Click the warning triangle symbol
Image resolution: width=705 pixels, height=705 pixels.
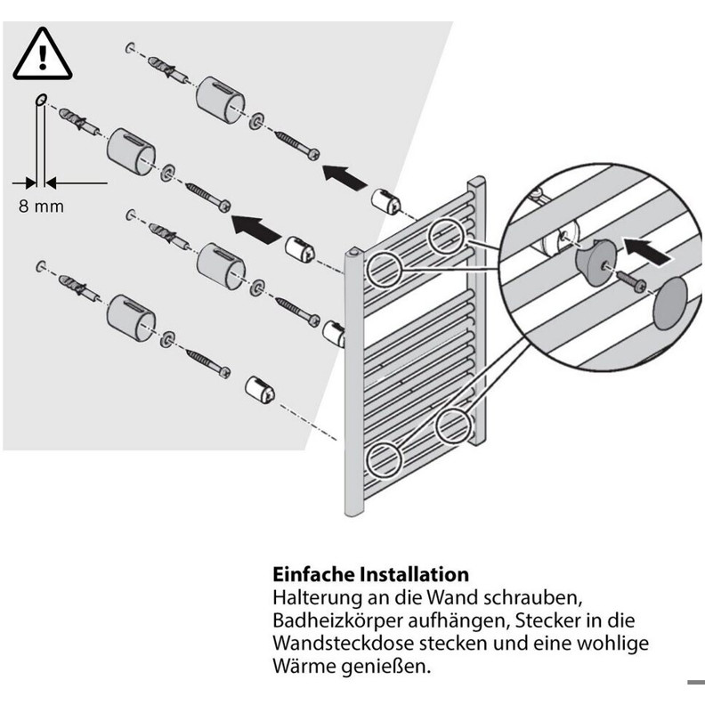pos(43,54)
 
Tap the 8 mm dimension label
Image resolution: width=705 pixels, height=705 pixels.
pos(41,207)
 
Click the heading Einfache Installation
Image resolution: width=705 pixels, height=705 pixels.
pos(370,575)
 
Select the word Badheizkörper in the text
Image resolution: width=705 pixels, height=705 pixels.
pos(337,621)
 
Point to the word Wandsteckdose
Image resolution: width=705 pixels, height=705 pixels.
pos(344,643)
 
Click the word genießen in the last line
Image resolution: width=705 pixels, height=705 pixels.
pos(385,667)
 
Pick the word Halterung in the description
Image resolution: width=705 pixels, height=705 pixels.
pos(317,598)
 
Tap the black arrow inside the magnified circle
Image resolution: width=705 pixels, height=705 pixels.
pos(647,250)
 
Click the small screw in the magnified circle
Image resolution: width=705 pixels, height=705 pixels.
pos(632,280)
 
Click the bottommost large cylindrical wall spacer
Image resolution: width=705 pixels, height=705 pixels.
pos(131,319)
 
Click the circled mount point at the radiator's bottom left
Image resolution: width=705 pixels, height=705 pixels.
pos(383,460)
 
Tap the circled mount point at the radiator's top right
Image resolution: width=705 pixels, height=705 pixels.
pos(446,236)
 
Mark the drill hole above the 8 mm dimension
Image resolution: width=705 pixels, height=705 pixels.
pos(40,99)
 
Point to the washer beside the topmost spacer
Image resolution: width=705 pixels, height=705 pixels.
pos(256,121)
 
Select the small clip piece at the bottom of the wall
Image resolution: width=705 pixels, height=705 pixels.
pos(260,390)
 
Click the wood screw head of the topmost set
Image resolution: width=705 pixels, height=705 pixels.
pos(313,154)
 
